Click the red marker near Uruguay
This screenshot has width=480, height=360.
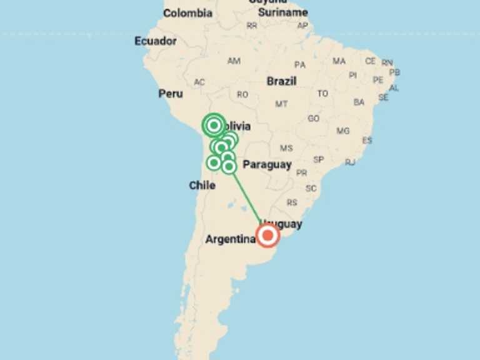(x=268, y=236)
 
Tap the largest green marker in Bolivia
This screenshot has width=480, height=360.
(x=214, y=126)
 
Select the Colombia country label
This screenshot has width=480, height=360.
(x=187, y=13)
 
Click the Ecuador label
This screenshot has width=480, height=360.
(x=156, y=41)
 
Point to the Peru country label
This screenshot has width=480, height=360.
(x=171, y=93)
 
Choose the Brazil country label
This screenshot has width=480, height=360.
(x=281, y=81)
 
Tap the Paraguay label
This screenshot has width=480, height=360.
(x=267, y=164)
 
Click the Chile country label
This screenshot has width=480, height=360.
(x=202, y=186)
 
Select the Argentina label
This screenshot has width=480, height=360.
(x=230, y=239)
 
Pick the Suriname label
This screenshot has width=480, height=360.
(x=283, y=12)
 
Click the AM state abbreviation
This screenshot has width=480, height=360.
(x=234, y=61)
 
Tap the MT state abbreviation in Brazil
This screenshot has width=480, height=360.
(x=281, y=104)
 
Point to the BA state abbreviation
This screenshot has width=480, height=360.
(x=359, y=102)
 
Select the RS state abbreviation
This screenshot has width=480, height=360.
(x=292, y=202)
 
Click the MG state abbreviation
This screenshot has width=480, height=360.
(x=343, y=131)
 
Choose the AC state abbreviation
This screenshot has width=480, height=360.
(x=199, y=82)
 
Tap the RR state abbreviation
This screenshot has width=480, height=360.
(x=252, y=26)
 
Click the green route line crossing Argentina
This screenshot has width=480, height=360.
(x=247, y=197)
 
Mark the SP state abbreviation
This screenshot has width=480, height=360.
(x=319, y=159)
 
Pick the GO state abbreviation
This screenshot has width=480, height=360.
(x=313, y=118)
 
